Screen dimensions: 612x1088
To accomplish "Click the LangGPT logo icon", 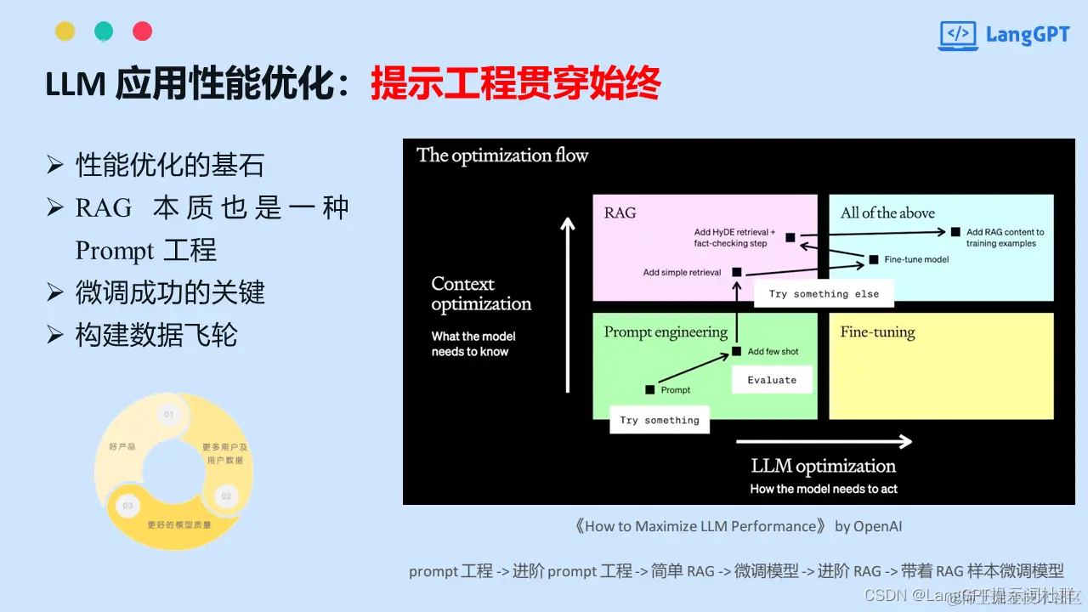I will [958, 35].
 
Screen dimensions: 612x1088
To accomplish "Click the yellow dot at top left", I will [65, 31].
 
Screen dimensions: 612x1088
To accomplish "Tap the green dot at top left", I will [104, 31].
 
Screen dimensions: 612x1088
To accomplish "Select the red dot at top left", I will [143, 31].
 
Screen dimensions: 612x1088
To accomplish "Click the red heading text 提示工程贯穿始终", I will [515, 85].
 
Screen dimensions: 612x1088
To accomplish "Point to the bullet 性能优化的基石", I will [170, 165].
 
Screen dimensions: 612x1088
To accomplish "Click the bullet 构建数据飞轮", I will [156, 335].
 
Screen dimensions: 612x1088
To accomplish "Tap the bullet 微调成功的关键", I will [170, 292].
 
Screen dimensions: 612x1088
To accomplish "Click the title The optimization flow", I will [502, 156].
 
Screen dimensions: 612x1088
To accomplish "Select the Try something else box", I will [824, 294].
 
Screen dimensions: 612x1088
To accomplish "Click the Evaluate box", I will [772, 380].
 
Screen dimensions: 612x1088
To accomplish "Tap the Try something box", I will [660, 420].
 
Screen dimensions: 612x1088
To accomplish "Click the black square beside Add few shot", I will [737, 352].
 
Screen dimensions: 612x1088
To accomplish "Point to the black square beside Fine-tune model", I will [874, 259].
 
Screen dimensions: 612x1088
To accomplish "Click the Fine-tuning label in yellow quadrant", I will [877, 332].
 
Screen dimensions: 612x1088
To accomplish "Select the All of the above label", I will [887, 213].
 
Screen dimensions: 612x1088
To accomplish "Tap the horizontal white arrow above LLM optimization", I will [823, 441].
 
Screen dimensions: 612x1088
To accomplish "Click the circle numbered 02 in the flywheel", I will [226, 496].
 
